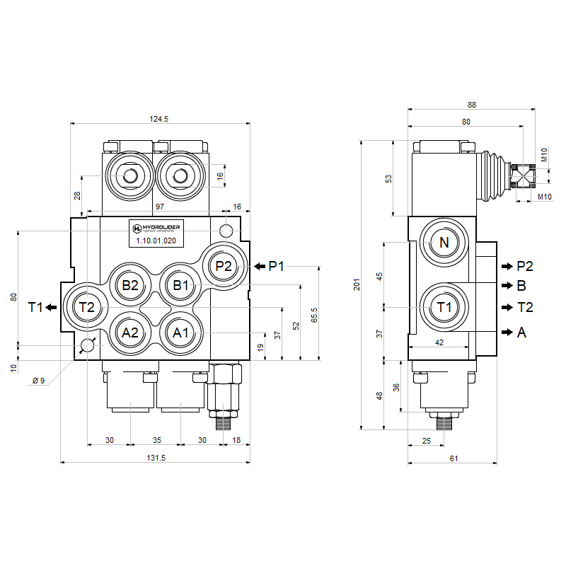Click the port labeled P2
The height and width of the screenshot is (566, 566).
pos(224,266)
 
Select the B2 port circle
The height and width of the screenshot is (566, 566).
pos(130,285)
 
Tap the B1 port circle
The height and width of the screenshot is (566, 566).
pos(182,285)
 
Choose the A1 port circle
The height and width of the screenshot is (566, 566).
pos(181,332)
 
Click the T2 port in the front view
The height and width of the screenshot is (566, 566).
pos(86,307)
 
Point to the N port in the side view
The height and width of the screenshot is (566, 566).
pos(444,243)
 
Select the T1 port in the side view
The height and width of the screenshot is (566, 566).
pos(444,307)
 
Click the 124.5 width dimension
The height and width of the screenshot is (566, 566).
pos(160,119)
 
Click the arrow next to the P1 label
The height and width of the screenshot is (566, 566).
pos(260,266)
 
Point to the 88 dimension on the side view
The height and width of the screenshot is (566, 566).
pos(472,105)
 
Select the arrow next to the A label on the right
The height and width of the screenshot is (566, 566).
pos(507,332)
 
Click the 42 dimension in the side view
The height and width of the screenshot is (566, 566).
pos(439,342)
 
